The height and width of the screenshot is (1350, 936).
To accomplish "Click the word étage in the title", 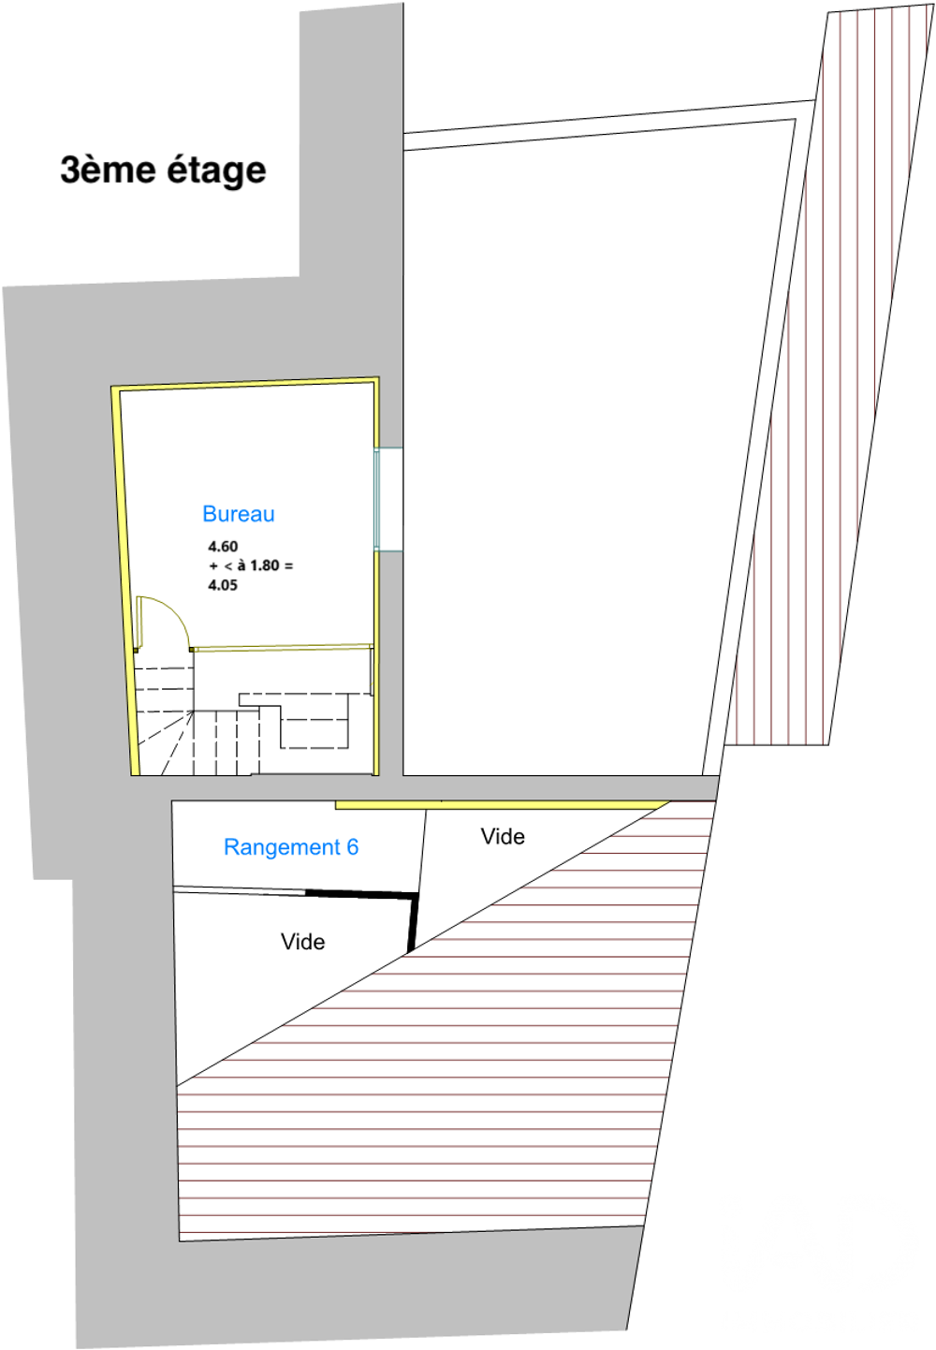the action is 216,170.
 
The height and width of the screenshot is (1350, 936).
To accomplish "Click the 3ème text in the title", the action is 110,169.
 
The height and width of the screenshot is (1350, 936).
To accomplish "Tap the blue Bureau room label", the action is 239,513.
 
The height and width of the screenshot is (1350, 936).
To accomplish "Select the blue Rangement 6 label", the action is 291,847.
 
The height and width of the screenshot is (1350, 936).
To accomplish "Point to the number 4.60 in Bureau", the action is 223,546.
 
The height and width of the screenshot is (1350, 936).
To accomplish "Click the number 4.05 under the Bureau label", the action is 223,584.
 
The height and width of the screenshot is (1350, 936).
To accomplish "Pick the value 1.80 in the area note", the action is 265,565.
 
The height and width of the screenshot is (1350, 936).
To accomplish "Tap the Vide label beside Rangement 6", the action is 503,837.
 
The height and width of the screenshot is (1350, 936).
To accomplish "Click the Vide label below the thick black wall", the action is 302,942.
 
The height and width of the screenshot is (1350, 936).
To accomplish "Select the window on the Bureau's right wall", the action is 388,499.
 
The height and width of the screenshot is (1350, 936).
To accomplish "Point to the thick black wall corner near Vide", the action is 416,897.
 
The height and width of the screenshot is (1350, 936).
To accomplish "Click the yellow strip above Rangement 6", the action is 502,805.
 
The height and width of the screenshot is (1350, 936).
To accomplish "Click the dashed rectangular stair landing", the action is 314,720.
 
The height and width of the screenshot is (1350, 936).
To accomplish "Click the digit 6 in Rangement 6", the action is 353,847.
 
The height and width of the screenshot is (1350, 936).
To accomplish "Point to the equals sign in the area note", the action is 288,565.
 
